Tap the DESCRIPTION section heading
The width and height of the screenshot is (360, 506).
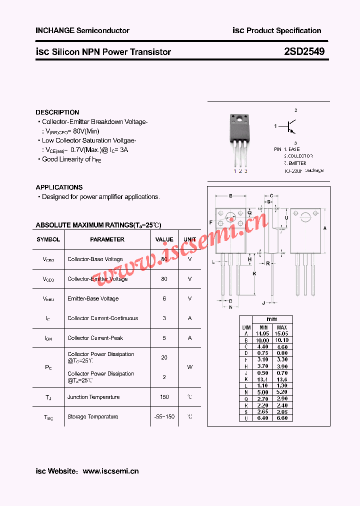[57, 112]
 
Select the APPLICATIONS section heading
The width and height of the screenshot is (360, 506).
[59, 187]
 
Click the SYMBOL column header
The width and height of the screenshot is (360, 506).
[48, 239]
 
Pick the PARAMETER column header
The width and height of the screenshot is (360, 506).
[107, 239]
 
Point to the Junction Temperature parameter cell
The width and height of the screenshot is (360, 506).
[93, 397]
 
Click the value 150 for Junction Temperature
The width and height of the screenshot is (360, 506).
[164, 397]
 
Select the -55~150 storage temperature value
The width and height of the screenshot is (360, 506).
[164, 416]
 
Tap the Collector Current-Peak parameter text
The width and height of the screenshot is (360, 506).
[95, 338]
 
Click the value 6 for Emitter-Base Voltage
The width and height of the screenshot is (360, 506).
[164, 298]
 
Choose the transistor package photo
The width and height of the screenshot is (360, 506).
[239, 140]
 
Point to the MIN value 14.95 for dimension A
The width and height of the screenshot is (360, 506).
[262, 333]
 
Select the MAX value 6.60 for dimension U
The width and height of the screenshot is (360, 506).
[281, 418]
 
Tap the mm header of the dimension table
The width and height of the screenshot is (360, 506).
[271, 319]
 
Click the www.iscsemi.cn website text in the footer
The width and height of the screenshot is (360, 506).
[110, 471]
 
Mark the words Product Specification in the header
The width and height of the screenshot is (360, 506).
[283, 30]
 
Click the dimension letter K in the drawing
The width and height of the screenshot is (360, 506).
[254, 273]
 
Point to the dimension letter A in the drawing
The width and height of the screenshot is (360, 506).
[325, 228]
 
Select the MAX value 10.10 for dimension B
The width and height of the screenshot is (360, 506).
[281, 340]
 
